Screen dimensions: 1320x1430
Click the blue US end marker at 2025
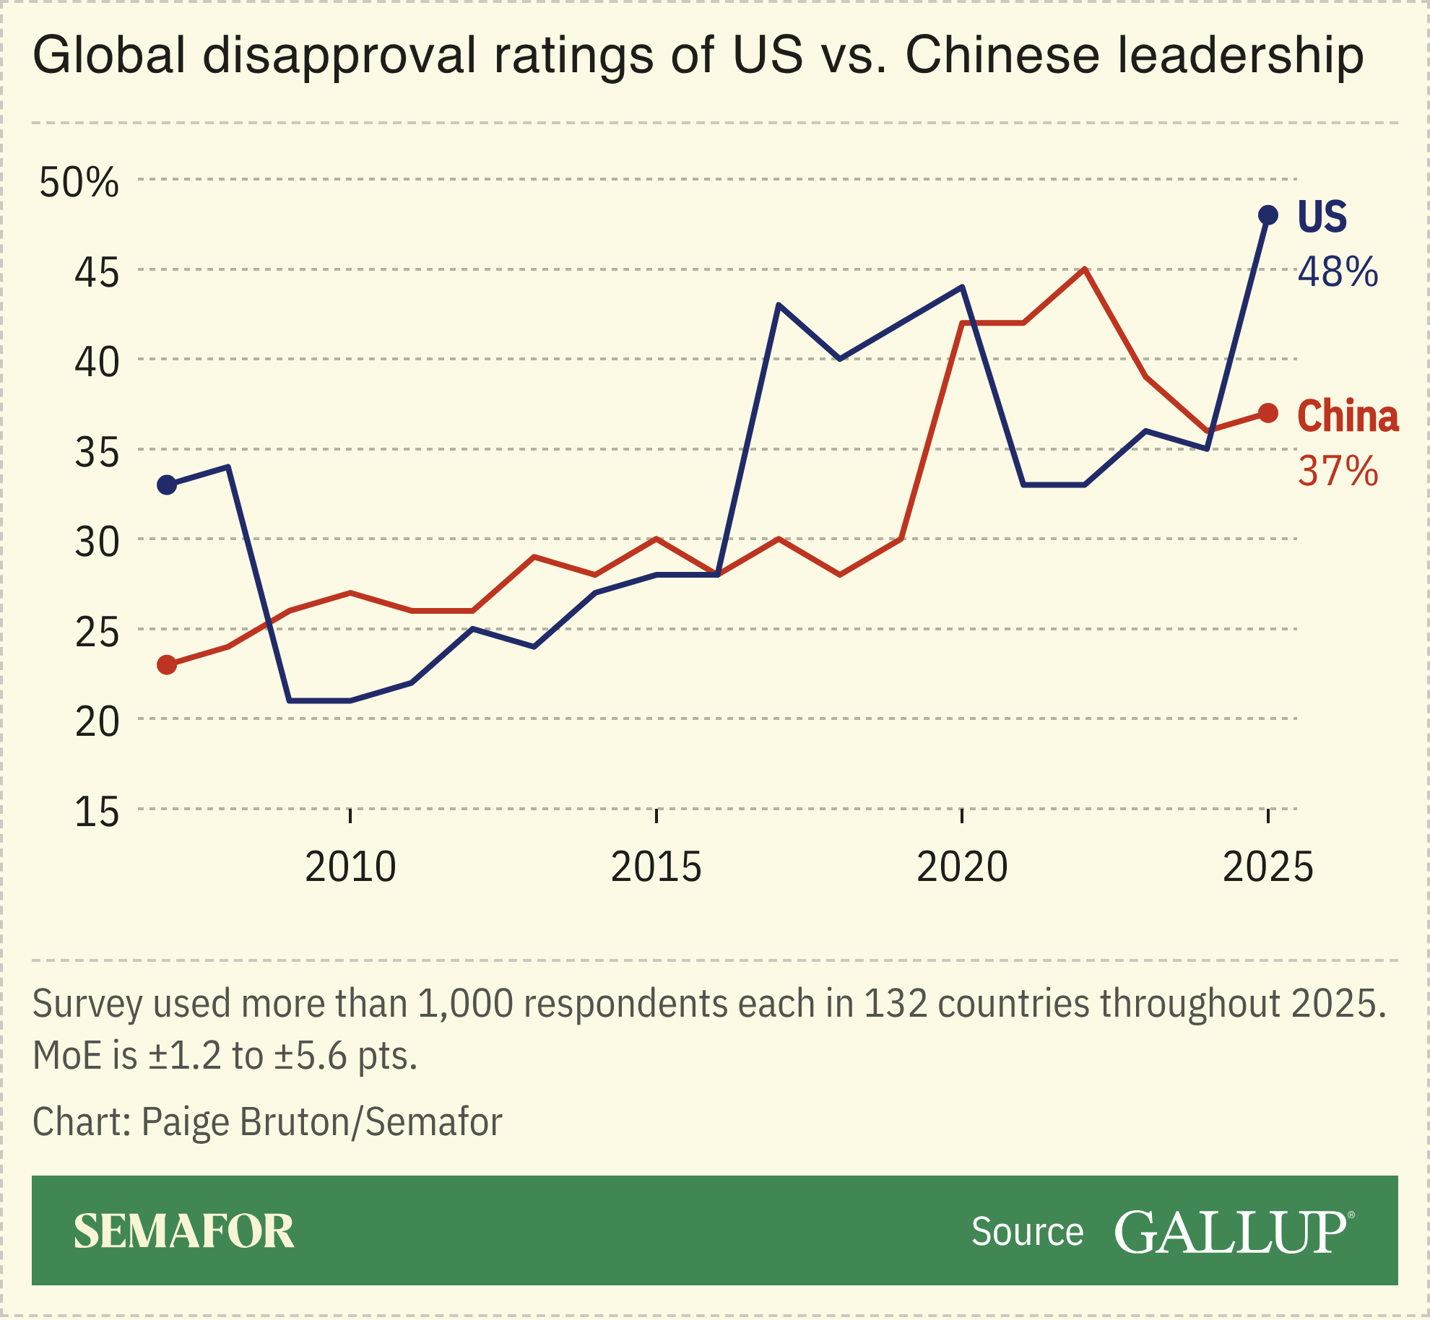(1268, 215)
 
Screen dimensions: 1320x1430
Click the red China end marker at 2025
(1268, 413)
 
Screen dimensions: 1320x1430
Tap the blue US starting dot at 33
(167, 485)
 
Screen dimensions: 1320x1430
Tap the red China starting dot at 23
(167, 664)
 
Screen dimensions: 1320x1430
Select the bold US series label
(1322, 216)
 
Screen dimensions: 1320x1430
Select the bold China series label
(1348, 416)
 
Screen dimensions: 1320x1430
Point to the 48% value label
(1338, 272)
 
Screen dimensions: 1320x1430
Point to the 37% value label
(1338, 471)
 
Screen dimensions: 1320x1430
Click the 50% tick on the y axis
(79, 182)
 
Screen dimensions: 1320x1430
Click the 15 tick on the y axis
(97, 812)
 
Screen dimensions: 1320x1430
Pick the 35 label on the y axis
(97, 453)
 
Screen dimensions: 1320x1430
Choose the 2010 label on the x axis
(350, 867)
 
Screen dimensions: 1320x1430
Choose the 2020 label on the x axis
(962, 867)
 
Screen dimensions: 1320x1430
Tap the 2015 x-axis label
(656, 867)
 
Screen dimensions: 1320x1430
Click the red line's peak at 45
(1085, 269)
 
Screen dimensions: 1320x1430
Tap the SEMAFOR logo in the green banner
(183, 1231)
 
